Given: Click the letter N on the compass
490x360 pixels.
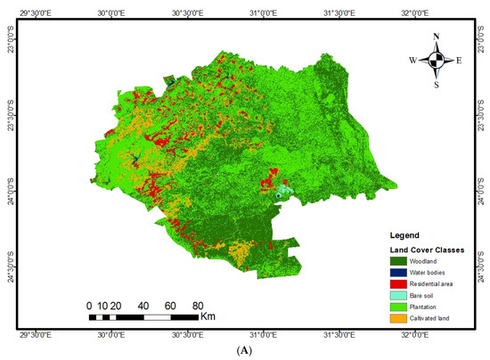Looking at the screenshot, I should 436,37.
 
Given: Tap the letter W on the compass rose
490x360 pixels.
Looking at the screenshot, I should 412,61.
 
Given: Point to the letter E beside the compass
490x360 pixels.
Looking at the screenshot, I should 459,61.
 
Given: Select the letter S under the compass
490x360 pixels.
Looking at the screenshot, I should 436,86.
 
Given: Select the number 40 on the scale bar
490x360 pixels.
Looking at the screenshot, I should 143,305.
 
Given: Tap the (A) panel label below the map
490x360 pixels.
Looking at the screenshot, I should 244,352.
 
